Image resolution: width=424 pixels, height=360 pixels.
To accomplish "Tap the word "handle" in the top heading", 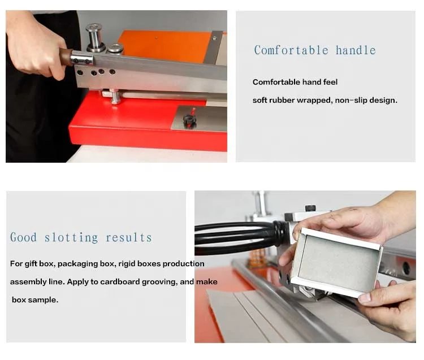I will pyautogui.click(x=356, y=50).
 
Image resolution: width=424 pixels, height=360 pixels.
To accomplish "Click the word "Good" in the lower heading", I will pyautogui.click(x=23, y=237).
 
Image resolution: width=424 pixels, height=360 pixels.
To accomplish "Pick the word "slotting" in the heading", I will pyautogui.click(x=71, y=237).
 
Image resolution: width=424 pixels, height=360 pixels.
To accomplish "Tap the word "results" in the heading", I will pyautogui.click(x=129, y=237).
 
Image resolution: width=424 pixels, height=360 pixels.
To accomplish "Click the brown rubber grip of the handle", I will pyautogui.click(x=66, y=57).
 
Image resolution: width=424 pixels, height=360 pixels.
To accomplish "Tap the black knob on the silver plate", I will pyautogui.click(x=189, y=120).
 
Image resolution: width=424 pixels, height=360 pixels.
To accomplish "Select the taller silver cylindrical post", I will pyautogui.click(x=94, y=37).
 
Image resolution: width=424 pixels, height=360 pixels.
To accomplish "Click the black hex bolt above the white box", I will pyautogui.click(x=310, y=209).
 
